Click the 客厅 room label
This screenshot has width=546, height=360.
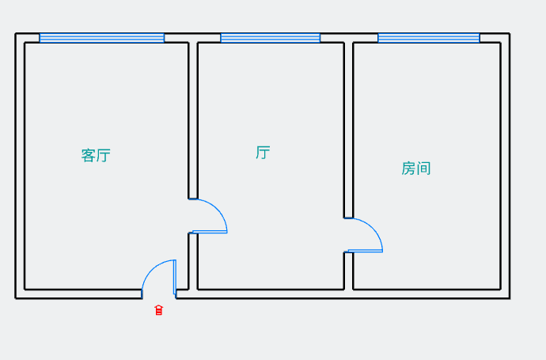(96, 155)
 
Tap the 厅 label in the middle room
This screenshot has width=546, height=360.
(263, 153)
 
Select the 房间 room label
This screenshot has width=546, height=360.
(416, 169)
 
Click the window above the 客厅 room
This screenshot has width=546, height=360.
(101, 38)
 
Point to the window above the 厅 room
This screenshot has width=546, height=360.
(270, 38)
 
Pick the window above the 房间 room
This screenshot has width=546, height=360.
(428, 38)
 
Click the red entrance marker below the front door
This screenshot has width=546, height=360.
(159, 310)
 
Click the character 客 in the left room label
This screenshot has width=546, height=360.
(88, 155)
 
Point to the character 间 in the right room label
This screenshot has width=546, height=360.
(424, 169)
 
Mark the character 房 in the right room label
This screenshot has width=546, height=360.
(408, 169)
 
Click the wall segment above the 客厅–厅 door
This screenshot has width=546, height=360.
(192, 119)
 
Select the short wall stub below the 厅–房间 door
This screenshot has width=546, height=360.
(348, 271)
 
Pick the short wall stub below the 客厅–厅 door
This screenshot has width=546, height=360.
(192, 261)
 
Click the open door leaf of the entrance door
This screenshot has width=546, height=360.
(175, 276)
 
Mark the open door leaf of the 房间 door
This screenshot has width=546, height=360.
(366, 251)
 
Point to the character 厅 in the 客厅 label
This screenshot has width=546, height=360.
(104, 155)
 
